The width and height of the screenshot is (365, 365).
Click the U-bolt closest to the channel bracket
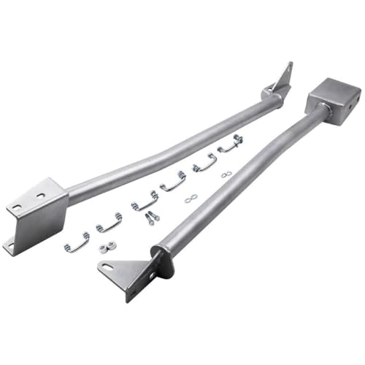pos(77,242)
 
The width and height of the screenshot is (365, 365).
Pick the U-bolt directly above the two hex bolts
pos(145,200)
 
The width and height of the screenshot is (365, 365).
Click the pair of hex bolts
pos(151,218)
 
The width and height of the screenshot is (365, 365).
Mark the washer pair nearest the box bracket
pos(227,174)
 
